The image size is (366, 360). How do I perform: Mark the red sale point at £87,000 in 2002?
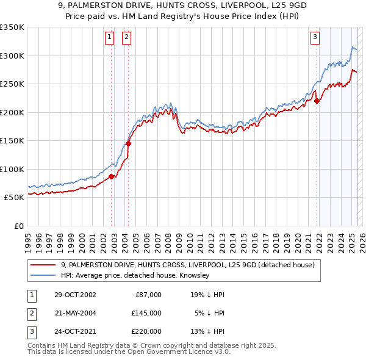pyautogui.click(x=112, y=176)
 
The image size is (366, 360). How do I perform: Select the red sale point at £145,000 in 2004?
pyautogui.click(x=128, y=143)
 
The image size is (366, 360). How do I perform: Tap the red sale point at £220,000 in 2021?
pyautogui.click(x=317, y=101)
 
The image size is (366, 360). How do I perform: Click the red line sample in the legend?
pyautogui.click(x=43, y=265)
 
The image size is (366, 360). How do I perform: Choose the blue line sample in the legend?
pyautogui.click(x=43, y=276)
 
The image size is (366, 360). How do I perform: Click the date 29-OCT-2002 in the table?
pyautogui.click(x=76, y=295)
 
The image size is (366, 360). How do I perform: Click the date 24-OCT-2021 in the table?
pyautogui.click(x=76, y=332)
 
